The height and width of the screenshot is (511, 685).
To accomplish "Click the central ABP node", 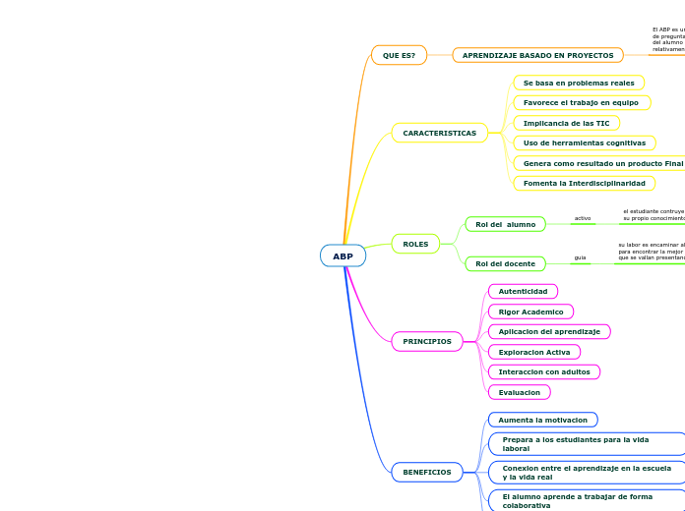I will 342,256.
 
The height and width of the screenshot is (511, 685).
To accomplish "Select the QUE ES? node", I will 399,55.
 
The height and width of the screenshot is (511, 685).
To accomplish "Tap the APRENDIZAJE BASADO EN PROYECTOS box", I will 537,56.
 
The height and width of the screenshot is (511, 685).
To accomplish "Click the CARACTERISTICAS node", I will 439,133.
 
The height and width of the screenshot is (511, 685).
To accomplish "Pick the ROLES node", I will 415,244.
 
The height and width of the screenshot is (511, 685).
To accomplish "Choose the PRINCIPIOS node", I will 427,341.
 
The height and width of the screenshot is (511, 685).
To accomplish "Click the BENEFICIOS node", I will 427,472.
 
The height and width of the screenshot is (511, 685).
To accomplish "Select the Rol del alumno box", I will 505,224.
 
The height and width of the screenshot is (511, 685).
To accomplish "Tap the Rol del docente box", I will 505,263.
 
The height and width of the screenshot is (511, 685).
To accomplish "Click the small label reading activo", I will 583,218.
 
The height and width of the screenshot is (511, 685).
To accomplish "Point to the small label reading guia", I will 580,257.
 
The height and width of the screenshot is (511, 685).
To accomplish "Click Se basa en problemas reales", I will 579,84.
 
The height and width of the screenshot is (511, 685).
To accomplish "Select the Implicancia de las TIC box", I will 566,123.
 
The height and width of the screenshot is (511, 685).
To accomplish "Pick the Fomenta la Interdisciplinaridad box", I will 584,183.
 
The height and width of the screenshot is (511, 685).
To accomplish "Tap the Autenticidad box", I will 523,291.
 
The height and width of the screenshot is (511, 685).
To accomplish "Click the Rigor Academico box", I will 530,312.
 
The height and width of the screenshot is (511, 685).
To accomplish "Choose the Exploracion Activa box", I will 533,352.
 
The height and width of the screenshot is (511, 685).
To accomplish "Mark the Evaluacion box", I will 519,392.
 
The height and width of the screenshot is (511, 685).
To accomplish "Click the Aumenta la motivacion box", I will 542,420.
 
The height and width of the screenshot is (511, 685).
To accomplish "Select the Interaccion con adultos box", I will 543,371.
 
